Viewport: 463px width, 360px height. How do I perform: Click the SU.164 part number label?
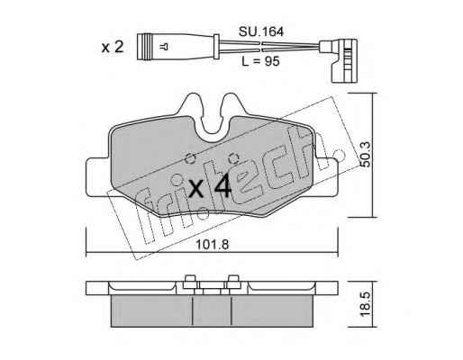[x=260, y=31]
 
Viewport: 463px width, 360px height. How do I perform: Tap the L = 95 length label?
[x=260, y=61]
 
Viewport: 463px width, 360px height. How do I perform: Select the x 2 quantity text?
[x=113, y=47]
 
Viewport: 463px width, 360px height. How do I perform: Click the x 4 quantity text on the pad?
[x=210, y=186]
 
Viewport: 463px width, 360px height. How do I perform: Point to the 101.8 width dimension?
[x=213, y=245]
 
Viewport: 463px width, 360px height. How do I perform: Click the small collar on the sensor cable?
[x=216, y=47]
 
